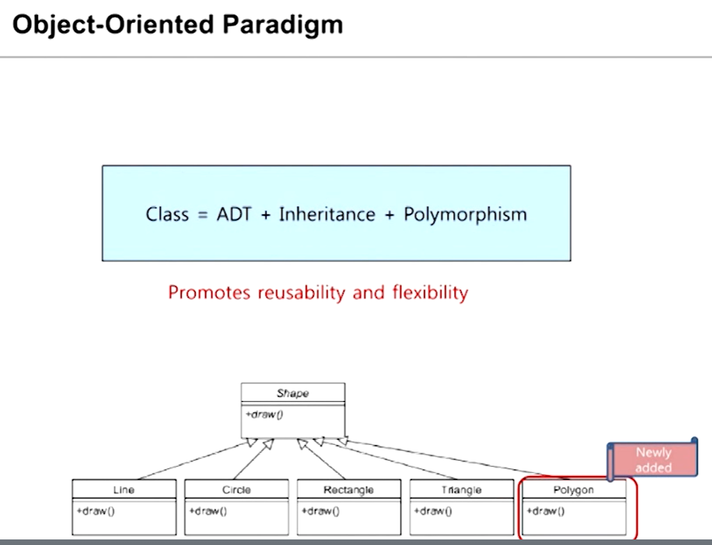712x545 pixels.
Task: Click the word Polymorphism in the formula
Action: [465, 214]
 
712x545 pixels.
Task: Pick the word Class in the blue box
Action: [167, 214]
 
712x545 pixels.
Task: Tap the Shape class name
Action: [293, 393]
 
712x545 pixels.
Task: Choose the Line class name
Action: [124, 489]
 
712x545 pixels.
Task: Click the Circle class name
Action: [236, 489]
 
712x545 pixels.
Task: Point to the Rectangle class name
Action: [348, 489]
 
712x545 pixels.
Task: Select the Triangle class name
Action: [461, 489]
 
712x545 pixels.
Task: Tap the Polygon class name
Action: [574, 489]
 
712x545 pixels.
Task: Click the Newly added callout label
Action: [653, 460]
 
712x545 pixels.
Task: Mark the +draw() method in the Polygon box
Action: [545, 511]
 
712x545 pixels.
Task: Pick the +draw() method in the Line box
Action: [95, 511]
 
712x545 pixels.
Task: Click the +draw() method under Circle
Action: [208, 511]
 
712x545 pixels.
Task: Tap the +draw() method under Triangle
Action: [432, 511]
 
